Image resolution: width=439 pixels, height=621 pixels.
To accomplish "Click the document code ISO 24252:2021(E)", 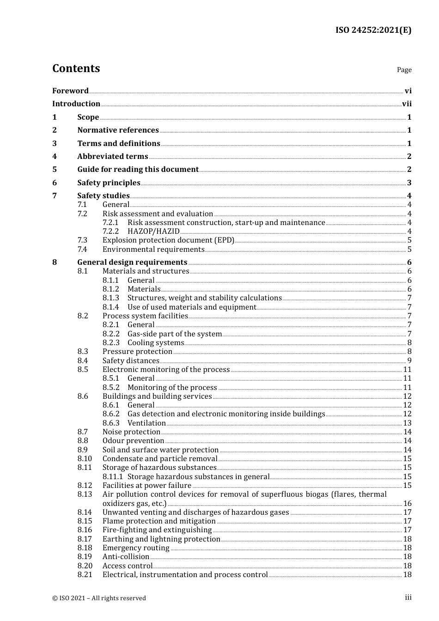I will pos(373,30).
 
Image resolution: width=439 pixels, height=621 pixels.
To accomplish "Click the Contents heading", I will pos(76,68).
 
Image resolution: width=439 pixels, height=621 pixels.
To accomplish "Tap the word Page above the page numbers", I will pos(404,70).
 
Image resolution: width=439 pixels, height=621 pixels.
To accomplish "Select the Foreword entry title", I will pos(70,91).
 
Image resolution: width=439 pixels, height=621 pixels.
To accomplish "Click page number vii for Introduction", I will pos(407,104).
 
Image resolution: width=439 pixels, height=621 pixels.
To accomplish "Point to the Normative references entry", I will pos(118,130).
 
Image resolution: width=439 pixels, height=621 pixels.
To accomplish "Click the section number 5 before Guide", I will pos(55,170).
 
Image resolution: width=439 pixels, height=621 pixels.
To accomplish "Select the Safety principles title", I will pos(109,183).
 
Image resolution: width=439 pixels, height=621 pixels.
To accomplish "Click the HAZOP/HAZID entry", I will pos(153,231).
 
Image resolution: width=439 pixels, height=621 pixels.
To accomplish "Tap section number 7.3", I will pos(82,240).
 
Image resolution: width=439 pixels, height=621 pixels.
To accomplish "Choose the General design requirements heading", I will pos(132,262).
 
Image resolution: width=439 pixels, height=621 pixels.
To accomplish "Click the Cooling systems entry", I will pos(156,343).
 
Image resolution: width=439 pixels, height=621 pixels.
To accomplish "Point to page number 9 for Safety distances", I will pos(409,361).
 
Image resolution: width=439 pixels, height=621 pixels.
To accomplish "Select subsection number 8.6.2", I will pos(111,414).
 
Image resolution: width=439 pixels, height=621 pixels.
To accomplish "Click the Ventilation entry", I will pos(146,423).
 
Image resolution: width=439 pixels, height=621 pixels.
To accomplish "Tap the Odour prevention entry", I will pos(133,441).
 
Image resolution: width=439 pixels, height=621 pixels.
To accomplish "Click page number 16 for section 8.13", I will pos(407,504).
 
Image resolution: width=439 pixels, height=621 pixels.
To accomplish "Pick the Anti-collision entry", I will pos(126,557).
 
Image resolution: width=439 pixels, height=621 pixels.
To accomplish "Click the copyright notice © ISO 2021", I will pos(99,598).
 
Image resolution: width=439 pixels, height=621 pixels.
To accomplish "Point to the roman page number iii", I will pos(408,597).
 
